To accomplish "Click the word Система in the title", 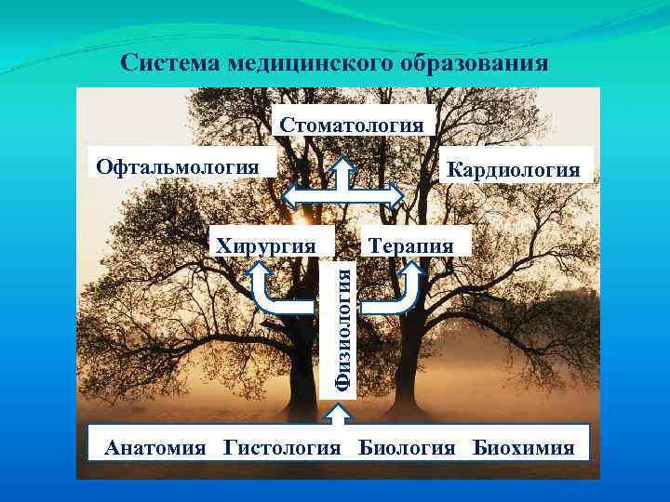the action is (x=164, y=63).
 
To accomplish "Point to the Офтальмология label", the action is (x=178, y=166).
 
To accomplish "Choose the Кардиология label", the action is (x=513, y=169).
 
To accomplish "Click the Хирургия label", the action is (x=264, y=245).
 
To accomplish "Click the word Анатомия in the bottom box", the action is (x=156, y=447).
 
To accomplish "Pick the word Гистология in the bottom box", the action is (x=283, y=447).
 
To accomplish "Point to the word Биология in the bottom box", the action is (x=408, y=447).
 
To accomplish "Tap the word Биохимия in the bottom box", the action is (x=523, y=447).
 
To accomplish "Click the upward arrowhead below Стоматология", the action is (x=342, y=167).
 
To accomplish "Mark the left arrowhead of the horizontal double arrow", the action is (x=289, y=196).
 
